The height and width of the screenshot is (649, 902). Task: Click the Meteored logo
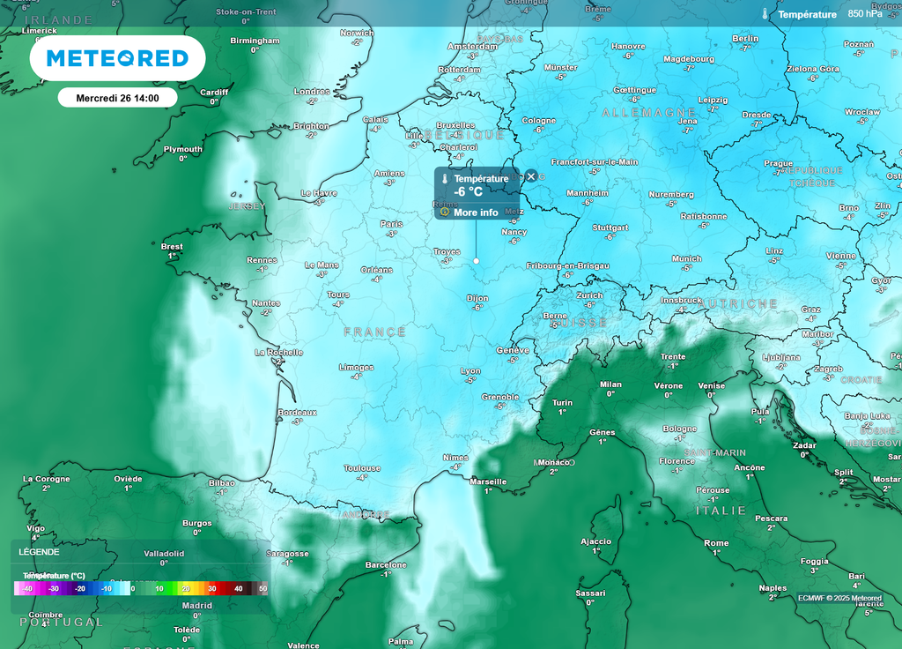coord(117,58)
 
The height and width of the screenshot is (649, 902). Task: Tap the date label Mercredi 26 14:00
coord(117,98)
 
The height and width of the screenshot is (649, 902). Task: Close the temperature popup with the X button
coord(531,176)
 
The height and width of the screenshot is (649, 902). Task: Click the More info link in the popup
coord(475,213)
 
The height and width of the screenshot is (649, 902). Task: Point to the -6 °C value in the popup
coord(468,191)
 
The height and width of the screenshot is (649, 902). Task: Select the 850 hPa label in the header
coord(864,14)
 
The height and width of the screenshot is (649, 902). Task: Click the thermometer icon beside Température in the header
coord(765,14)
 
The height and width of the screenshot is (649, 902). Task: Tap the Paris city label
coord(391,224)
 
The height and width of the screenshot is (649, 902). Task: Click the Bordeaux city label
coord(297,412)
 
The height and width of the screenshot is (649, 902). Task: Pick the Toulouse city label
coord(362,468)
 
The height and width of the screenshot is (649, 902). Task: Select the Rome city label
coord(716,543)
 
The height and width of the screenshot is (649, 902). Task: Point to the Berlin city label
coord(745,39)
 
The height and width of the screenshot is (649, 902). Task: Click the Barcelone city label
coord(386,564)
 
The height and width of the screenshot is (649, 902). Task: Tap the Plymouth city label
coord(182,149)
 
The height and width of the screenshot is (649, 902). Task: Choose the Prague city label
coord(779,163)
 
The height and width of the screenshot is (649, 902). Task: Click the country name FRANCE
coord(375,332)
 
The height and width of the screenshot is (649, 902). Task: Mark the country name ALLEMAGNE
coord(649,113)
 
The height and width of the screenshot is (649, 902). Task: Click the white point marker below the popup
coord(477,261)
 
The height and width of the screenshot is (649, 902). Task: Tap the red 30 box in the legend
coord(211,588)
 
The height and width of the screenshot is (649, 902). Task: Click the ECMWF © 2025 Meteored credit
coord(839,598)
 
